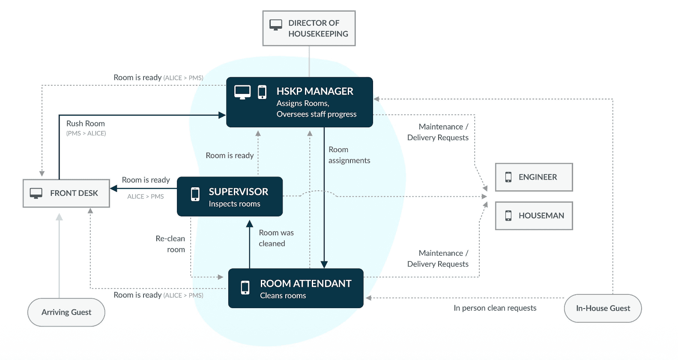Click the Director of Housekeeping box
pos(309,28)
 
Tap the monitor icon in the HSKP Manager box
pos(242,92)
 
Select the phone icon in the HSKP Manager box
pos(262,92)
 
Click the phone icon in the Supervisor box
pos(195,194)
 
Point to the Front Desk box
pos(66,193)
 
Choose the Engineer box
pos(534,177)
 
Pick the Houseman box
pos(534,216)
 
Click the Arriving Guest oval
pos(66,312)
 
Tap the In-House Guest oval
pos(603,308)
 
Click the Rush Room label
pos(86,123)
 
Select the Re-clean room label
pos(170,244)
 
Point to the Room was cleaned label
pos(276,238)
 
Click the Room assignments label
pos(349,155)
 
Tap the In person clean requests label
pos(495,308)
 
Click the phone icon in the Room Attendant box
pos(245,288)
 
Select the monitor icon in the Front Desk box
pos(36,193)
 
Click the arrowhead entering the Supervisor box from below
pos(250,223)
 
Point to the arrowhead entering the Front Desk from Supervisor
pos(114,188)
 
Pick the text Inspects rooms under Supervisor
pos(234,204)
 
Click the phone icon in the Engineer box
pos(508,177)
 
